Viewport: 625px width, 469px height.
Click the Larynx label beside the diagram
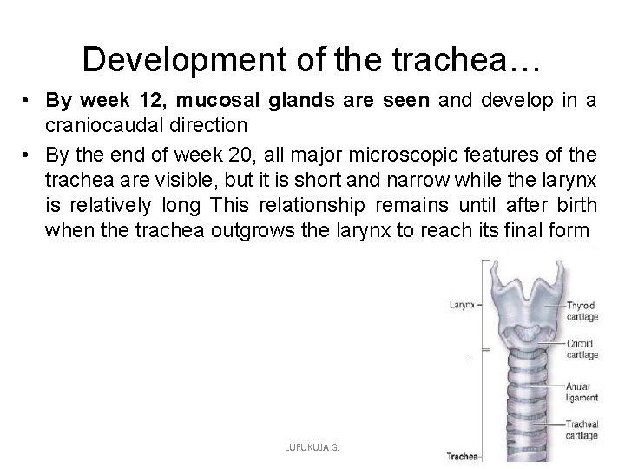point(462,305)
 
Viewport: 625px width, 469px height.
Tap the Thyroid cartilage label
point(582,310)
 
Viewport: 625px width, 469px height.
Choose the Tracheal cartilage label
point(581,429)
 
